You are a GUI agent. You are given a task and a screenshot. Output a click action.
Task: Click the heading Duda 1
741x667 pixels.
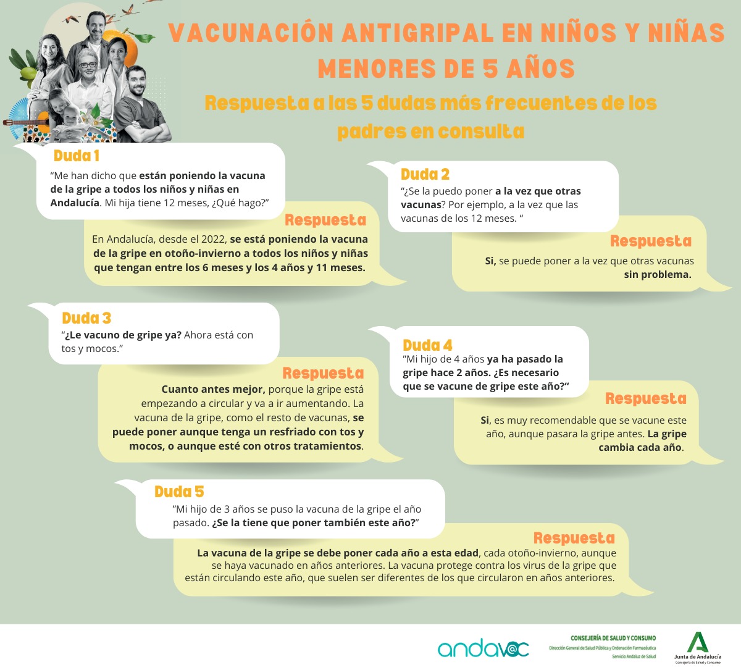76,156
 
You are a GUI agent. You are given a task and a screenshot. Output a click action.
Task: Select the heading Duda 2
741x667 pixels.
425,174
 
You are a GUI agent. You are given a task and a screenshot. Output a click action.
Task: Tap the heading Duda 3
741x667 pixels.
86,318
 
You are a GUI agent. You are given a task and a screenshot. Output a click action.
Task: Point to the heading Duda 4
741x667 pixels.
427,345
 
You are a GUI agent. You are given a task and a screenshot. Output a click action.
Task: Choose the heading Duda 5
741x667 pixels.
179,492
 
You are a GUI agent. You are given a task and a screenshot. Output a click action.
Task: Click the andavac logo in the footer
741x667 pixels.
483,648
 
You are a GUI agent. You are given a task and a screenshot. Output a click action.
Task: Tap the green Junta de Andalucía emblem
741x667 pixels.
698,642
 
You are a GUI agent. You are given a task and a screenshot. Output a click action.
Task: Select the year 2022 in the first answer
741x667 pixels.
211,240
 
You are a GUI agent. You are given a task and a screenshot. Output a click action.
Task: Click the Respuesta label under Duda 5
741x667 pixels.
574,538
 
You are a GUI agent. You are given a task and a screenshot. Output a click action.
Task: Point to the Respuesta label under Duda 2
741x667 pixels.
650,241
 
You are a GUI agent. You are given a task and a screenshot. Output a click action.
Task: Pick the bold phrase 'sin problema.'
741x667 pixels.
657,275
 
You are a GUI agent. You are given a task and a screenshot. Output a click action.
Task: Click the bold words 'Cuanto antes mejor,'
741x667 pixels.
214,390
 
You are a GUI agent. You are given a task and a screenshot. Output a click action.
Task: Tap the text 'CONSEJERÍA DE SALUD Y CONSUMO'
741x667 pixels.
613,638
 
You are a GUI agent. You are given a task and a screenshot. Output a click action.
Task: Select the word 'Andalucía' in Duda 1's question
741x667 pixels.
75,203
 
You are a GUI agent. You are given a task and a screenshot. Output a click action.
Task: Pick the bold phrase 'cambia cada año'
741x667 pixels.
640,448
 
